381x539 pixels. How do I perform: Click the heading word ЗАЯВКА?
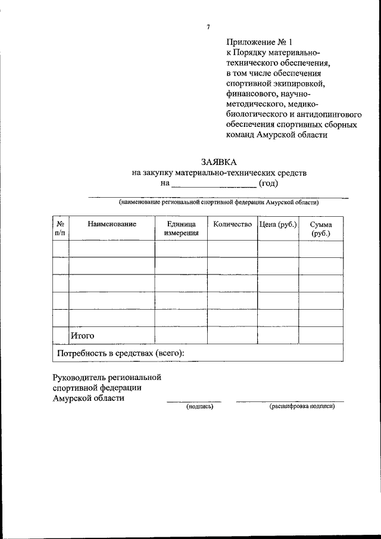tap(219, 161)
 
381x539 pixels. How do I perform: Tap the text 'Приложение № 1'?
tap(260, 42)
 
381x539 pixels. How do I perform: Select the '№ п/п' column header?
tap(60, 229)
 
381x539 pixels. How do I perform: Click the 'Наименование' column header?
tap(112, 224)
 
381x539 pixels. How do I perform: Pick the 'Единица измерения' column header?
tap(181, 229)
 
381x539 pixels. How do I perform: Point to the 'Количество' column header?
tap(232, 224)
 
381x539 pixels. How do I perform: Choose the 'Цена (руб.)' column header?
tap(278, 224)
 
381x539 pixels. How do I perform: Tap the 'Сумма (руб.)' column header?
tap(320, 229)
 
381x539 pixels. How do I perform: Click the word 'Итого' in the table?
tap(83, 336)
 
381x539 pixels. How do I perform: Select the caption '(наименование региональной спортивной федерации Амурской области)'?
tap(218, 202)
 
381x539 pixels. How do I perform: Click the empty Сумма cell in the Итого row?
tap(320, 335)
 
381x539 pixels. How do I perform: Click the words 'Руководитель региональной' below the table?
tap(107, 377)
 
